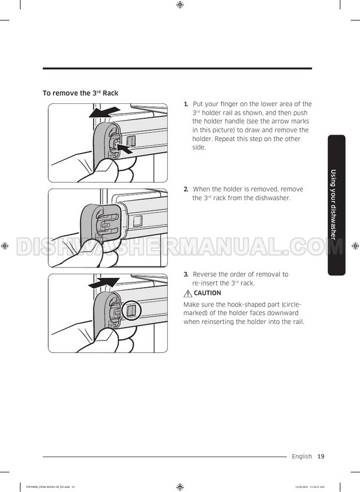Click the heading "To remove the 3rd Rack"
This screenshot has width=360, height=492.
point(81,93)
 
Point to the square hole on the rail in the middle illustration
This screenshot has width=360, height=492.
point(138,221)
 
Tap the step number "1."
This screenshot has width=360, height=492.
point(186,104)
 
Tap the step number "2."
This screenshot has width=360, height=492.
point(186,189)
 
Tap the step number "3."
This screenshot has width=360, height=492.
point(186,274)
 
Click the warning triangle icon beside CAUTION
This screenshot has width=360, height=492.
point(188,293)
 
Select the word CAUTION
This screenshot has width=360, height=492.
point(207,293)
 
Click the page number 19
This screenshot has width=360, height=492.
point(321,457)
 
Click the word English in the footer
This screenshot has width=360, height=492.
point(302,457)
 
